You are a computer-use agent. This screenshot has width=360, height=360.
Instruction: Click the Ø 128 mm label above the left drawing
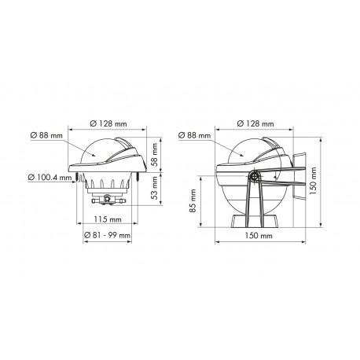[x=108, y=123]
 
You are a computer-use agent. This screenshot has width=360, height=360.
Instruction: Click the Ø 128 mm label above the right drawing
[x=255, y=123]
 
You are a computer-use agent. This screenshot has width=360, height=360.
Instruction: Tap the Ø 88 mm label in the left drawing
[x=46, y=135]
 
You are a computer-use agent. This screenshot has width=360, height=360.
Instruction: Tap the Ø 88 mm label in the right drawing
[x=194, y=135]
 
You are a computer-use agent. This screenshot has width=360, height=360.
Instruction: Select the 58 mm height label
[x=155, y=155]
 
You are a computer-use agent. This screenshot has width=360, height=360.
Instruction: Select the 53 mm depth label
[x=155, y=188]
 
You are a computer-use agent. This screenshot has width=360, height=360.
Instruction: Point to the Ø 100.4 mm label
[x=50, y=178]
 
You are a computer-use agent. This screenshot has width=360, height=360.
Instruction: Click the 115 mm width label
[x=108, y=219]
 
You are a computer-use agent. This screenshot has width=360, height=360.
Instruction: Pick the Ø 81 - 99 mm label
[x=107, y=235]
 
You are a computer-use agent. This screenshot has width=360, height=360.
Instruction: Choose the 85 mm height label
[x=193, y=201]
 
